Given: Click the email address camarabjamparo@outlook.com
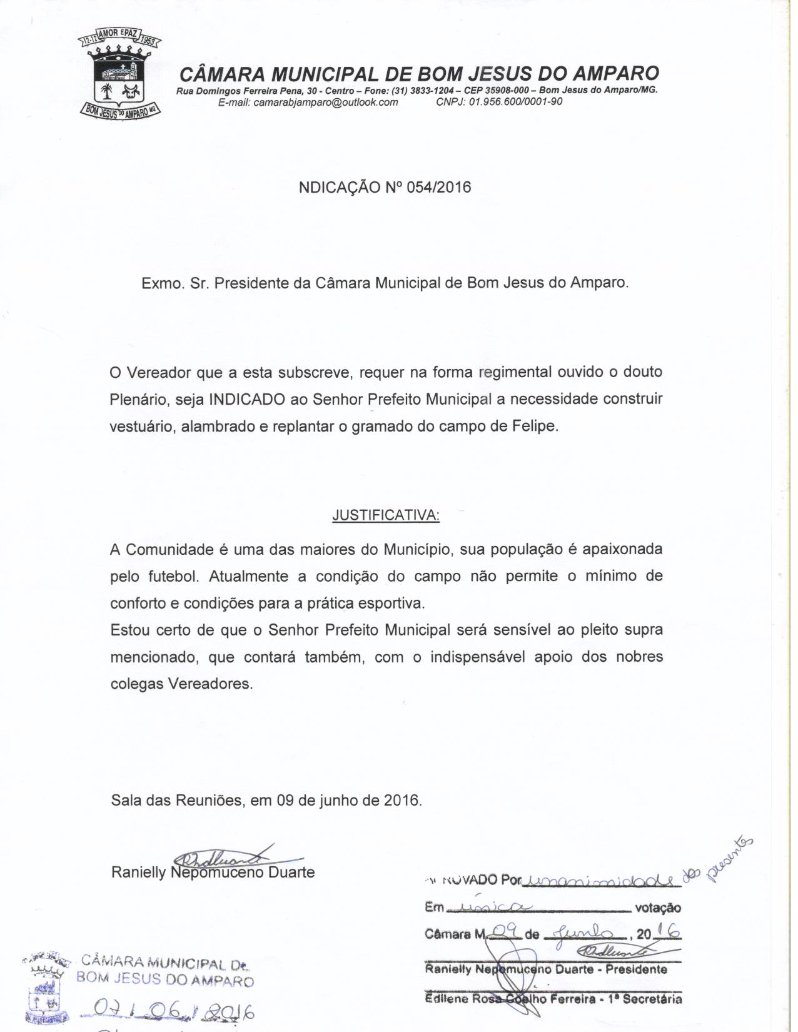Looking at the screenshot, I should [x=308, y=103].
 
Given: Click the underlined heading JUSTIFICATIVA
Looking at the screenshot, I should [x=385, y=515].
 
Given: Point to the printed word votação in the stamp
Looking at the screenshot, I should [x=657, y=908].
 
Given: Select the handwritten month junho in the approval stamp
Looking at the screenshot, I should [x=583, y=933].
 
